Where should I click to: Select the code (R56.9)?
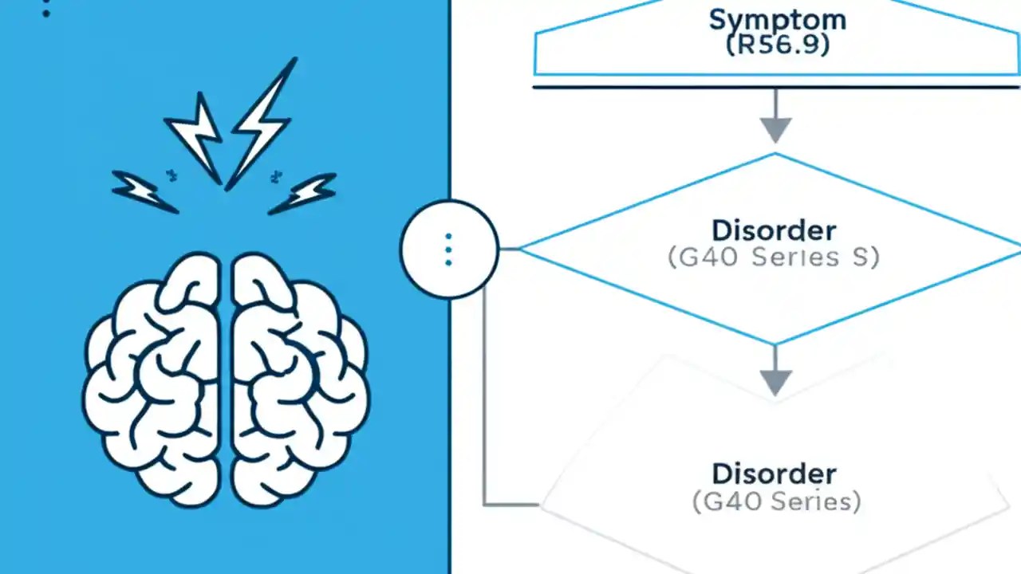[x=777, y=45]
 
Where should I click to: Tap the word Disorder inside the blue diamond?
[x=774, y=230]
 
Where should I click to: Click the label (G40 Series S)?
[x=773, y=258]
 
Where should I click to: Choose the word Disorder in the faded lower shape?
[x=774, y=474]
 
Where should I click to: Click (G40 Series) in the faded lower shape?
[x=776, y=501]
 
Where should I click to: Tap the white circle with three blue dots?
[x=448, y=250]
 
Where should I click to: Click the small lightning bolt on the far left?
[x=143, y=191]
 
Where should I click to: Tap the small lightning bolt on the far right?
[x=304, y=194]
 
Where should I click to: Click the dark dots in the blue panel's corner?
[x=45, y=9]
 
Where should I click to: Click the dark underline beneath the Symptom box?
[x=775, y=86]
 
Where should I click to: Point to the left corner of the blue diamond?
[x=523, y=250]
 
